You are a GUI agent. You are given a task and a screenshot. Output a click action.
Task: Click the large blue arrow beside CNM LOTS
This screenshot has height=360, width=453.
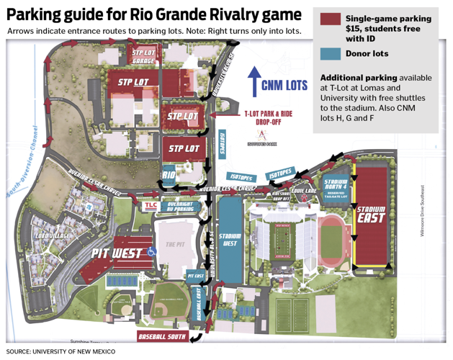coord(253,81)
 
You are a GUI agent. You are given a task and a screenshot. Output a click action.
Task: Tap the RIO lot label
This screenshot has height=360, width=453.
coord(169,174)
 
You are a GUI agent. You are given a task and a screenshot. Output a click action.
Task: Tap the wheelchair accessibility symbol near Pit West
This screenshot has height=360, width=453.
coord(151,251)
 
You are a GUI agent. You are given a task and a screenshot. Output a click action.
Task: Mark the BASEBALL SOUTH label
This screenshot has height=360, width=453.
coord(162,336)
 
